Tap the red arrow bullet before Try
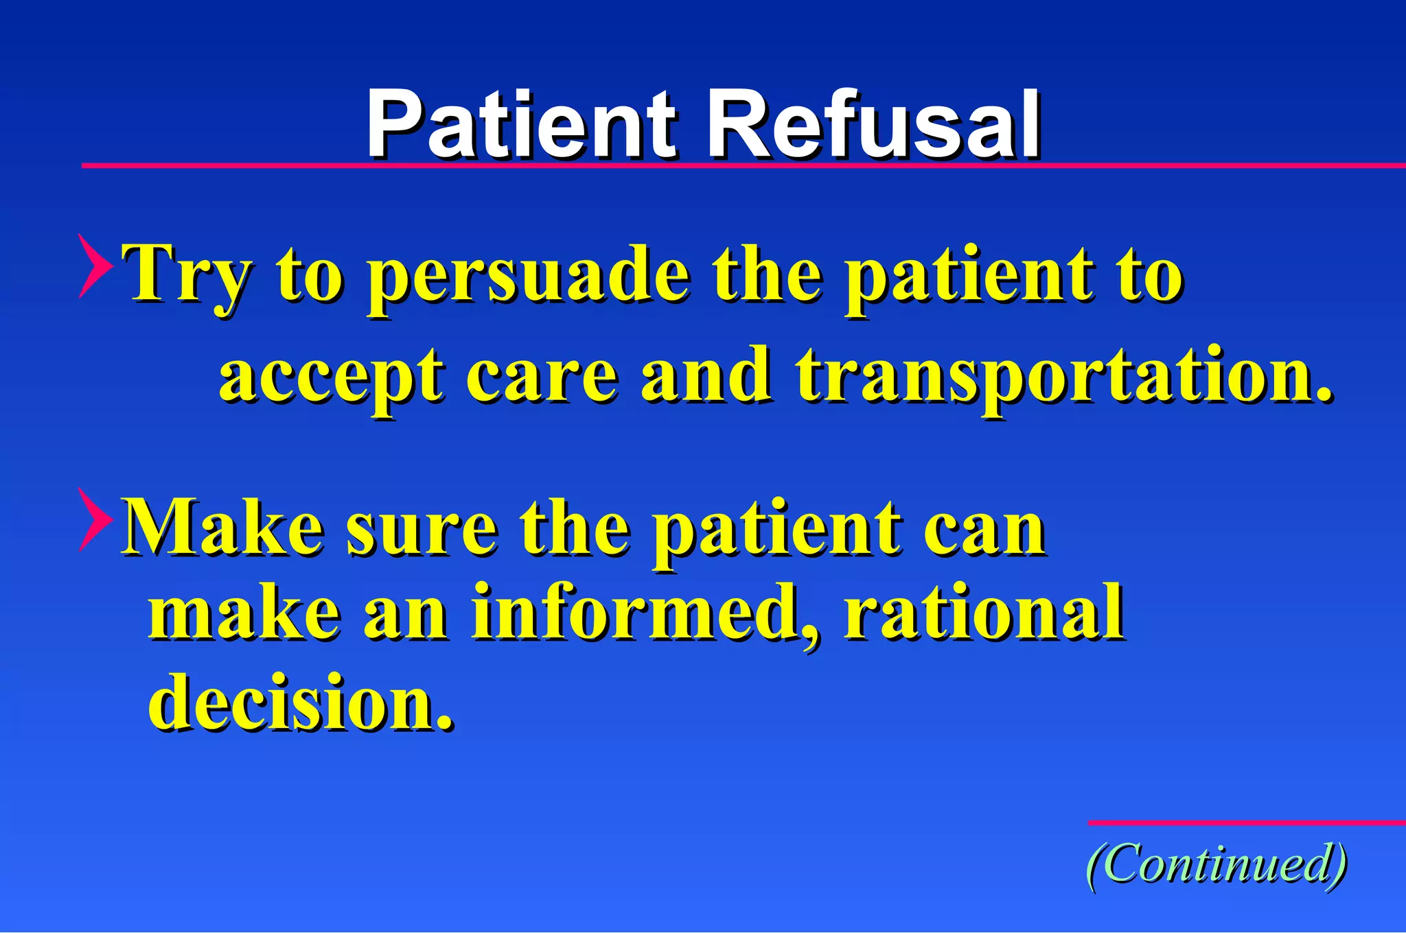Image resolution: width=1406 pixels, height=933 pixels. tap(95, 266)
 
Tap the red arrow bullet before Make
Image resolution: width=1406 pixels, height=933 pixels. tap(95, 520)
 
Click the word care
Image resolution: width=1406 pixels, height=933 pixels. tap(542, 376)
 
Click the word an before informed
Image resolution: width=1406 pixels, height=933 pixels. tap(406, 613)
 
